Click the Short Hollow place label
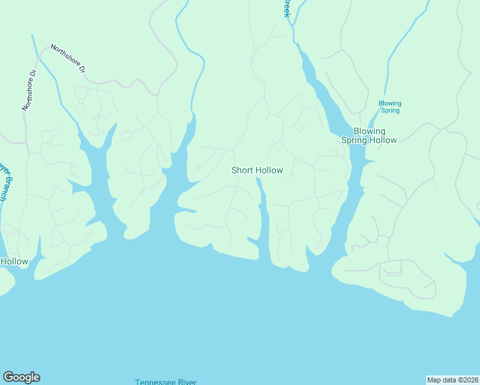[x=257, y=171]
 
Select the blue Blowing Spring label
[x=390, y=107]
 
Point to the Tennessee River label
[x=166, y=382]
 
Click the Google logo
[x=21, y=377]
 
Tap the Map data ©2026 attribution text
[x=452, y=379]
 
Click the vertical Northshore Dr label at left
[x=30, y=89]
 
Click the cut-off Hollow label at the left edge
[x=14, y=261]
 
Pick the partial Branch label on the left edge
[x=3, y=183]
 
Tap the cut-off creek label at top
[x=286, y=9]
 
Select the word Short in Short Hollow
[x=243, y=171]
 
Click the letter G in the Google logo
[x=8, y=377]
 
